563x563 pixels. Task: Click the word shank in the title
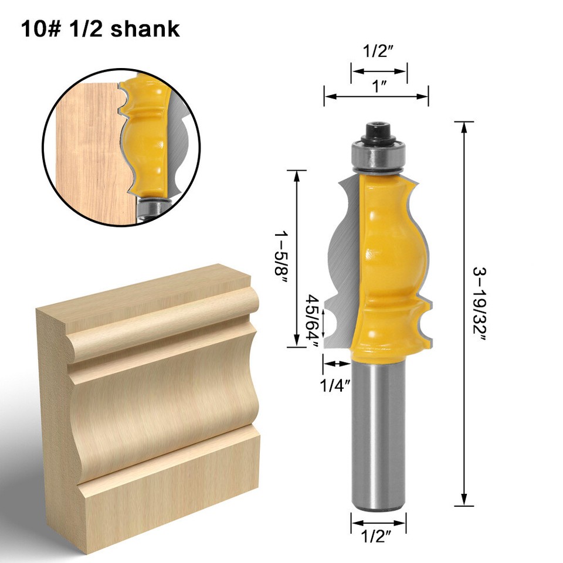click(x=147, y=29)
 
